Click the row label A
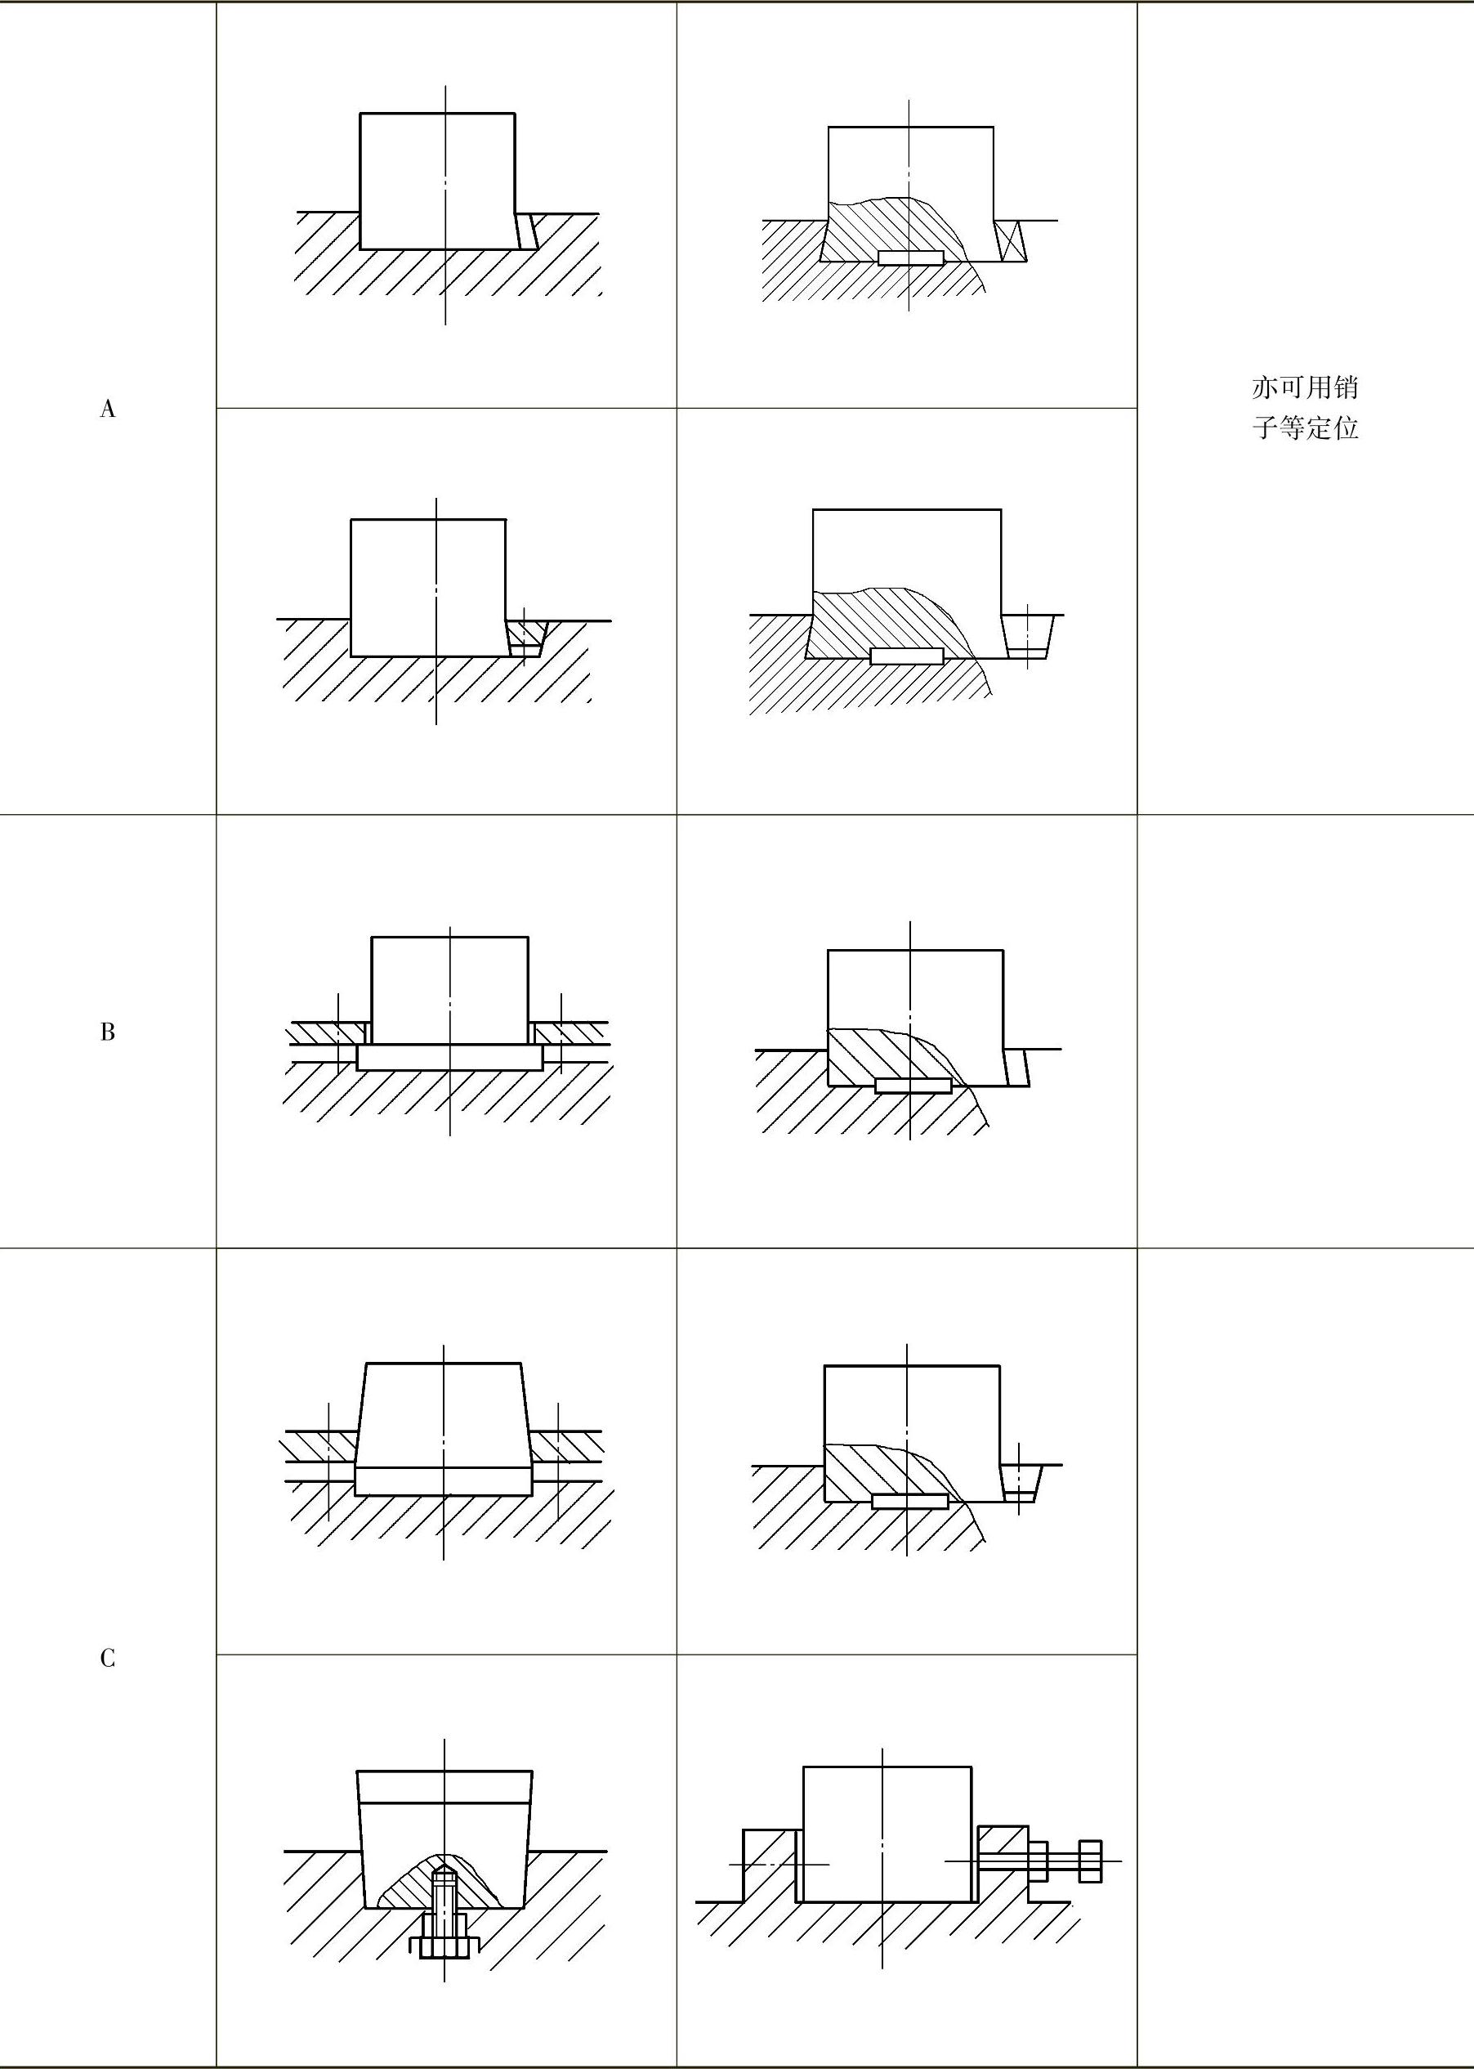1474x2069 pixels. coord(107,409)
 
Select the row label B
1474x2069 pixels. coord(107,1032)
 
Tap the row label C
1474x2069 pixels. coord(107,1659)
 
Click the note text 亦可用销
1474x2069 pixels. coord(1304,387)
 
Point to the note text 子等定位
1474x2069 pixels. coord(1304,428)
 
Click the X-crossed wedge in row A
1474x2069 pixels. coord(1011,241)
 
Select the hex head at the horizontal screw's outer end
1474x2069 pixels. coord(1090,1861)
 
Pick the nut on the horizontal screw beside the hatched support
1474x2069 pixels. coord(1038,1861)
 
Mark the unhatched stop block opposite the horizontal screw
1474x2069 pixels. coord(769,1865)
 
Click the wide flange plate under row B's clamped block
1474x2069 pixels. coord(449,1057)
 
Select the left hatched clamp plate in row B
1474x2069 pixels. coord(326,1032)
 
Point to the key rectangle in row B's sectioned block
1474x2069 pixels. coord(913,1086)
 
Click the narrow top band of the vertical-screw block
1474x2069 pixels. coord(444,1786)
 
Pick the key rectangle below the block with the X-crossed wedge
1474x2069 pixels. coord(911,258)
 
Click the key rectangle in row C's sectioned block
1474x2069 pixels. coord(909,1501)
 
